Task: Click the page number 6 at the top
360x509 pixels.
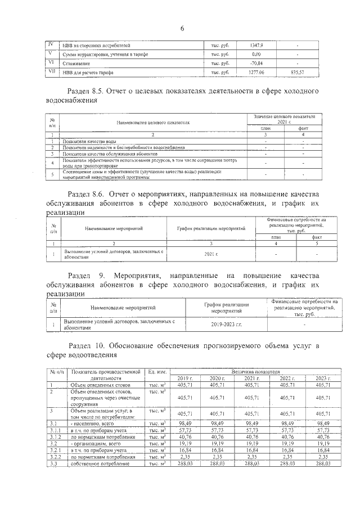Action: (182, 29)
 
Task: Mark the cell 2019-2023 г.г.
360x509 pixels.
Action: (226, 325)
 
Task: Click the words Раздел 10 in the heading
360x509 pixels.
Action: (89, 344)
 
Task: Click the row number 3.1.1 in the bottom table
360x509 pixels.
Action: (55, 430)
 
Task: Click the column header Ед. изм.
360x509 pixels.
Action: (156, 372)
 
